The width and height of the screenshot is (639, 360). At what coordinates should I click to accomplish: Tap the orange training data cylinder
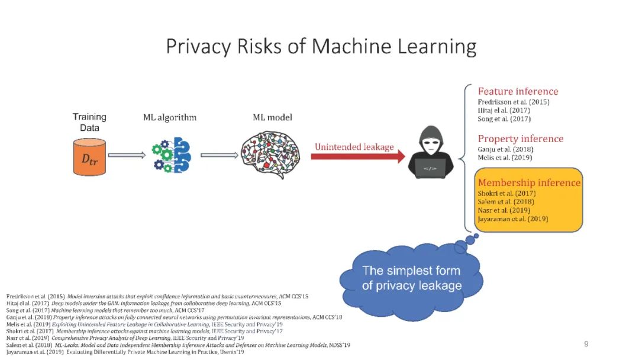point(89,157)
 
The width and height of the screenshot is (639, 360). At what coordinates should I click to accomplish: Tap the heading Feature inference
point(518,91)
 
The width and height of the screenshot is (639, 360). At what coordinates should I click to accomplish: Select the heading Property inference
point(521,139)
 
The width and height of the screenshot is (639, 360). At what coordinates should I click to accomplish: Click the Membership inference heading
point(529,182)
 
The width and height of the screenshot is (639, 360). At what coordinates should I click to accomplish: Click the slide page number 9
point(586,344)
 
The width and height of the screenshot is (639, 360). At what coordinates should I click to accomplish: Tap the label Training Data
point(89,122)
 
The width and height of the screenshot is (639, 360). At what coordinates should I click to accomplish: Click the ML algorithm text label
point(170,117)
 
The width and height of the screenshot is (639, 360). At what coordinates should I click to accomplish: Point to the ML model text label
point(272,117)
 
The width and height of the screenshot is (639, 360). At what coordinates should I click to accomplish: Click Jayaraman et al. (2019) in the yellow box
point(512,218)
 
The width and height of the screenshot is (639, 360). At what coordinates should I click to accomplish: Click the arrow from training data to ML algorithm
point(126,156)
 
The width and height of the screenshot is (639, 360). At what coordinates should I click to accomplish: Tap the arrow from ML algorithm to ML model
point(218,156)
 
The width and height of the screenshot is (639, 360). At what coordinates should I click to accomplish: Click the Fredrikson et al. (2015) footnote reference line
point(157,296)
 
